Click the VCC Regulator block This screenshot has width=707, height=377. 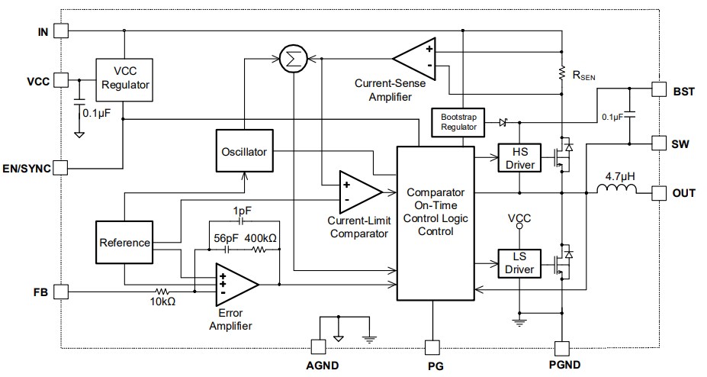124,79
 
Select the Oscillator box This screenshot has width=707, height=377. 245,152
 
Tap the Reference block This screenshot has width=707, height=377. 124,243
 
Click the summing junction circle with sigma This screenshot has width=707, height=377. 290,58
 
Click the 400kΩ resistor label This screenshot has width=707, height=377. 260,238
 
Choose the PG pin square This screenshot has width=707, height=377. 432,347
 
